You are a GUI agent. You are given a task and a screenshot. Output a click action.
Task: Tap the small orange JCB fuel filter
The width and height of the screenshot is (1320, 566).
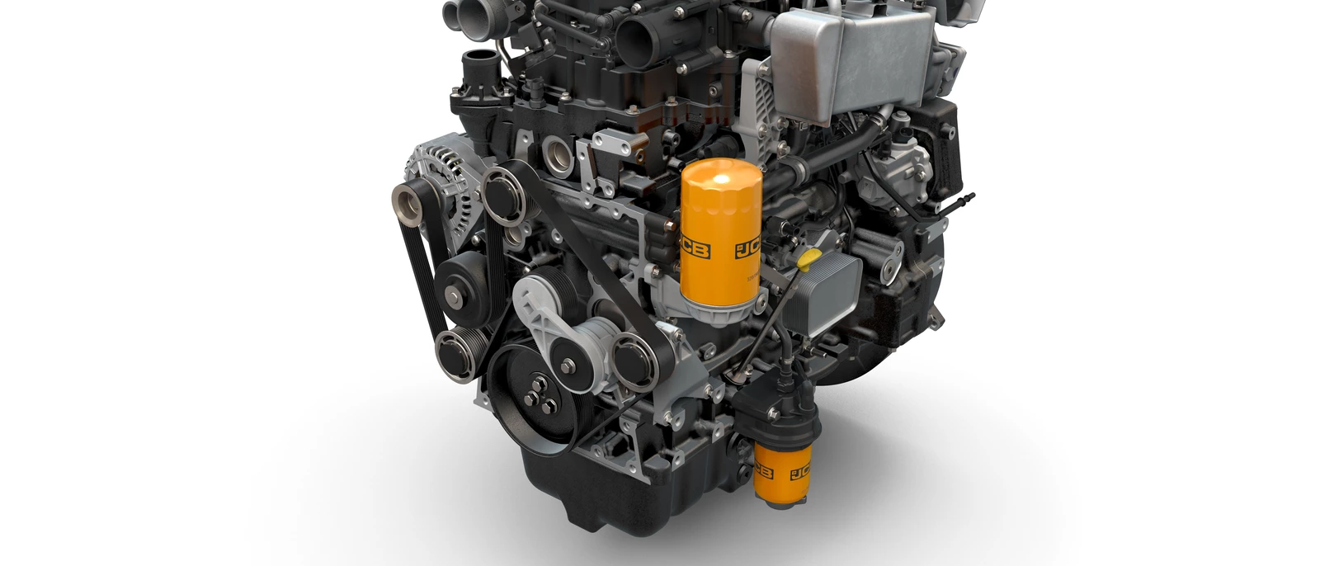779,474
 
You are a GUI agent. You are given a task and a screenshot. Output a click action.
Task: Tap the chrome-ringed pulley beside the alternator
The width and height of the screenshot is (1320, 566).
502,193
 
